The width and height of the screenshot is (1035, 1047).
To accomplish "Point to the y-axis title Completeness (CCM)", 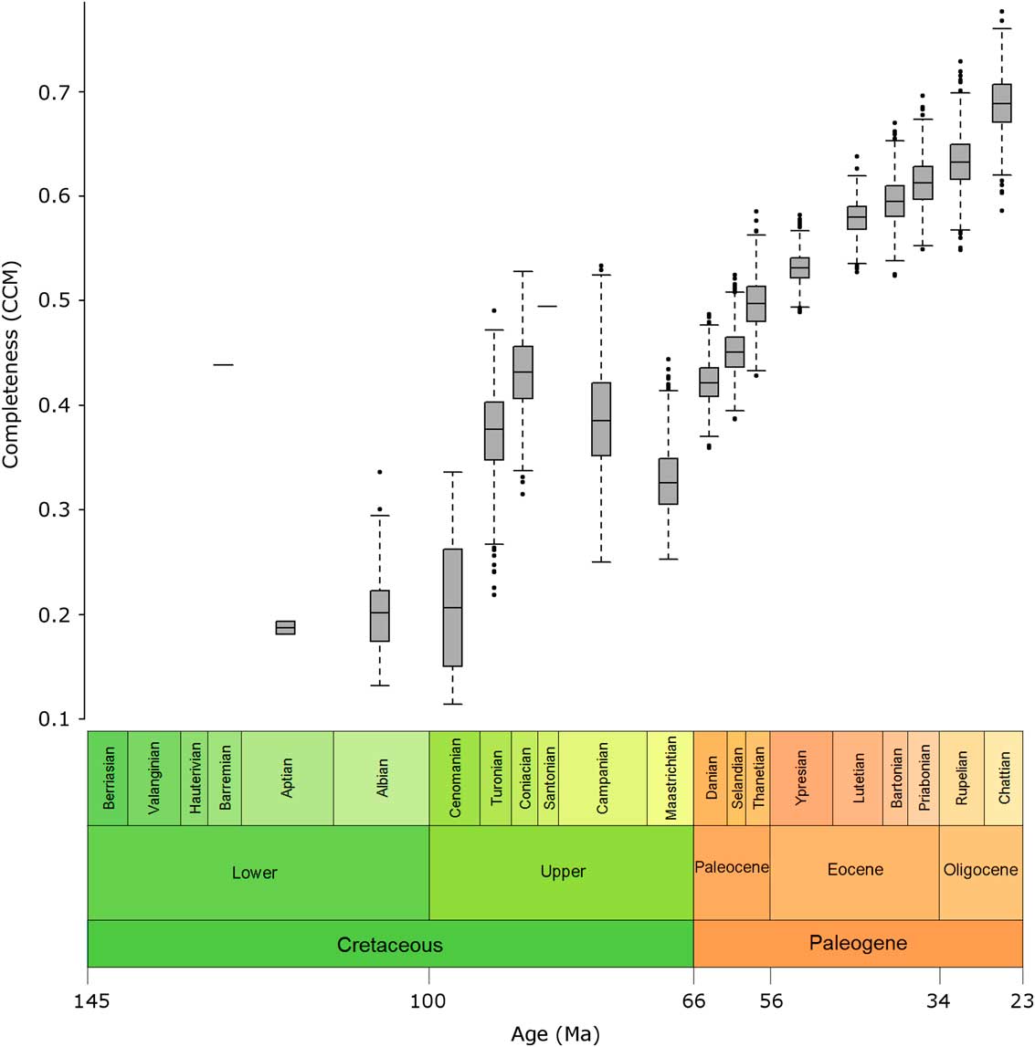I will [11, 365].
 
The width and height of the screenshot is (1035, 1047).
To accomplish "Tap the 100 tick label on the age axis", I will [428, 1001].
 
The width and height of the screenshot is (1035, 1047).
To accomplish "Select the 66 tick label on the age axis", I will [693, 1001].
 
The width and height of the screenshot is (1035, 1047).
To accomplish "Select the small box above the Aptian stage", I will [286, 627].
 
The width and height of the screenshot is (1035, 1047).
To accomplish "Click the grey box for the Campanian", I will [601, 419].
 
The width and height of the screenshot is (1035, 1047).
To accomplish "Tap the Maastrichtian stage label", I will [671, 779].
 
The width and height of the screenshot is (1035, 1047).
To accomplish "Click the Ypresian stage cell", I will [801, 779].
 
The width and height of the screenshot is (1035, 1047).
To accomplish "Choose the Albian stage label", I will [382, 779].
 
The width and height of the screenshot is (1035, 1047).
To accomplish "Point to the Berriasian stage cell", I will [109, 779].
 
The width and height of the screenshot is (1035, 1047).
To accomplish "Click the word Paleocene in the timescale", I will [732, 867].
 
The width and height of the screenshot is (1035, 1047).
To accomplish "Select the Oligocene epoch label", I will [980, 870].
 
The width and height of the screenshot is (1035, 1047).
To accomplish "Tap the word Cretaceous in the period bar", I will [390, 945].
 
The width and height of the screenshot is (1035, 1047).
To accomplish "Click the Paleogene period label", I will [858, 943].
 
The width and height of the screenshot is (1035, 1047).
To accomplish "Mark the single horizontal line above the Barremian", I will [223, 364].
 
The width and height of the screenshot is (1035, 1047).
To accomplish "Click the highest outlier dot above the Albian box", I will [380, 472].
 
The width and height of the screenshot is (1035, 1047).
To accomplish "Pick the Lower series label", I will [254, 873].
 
